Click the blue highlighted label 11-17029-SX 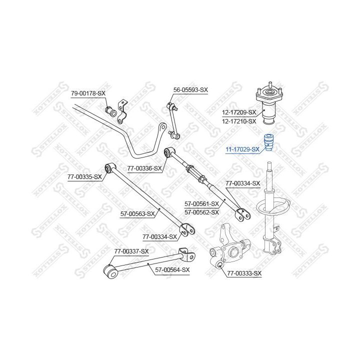coord(242,149)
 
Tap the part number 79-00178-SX coord(88,93)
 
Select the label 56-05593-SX coord(190,90)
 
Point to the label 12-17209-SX coord(239,112)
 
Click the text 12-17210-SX coord(239,121)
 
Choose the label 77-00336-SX coord(144,168)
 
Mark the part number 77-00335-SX coord(84,176)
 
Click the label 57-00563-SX coord(138,213)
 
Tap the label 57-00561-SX coord(202,203)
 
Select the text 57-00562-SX coord(202,212)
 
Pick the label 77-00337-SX coord(131,251)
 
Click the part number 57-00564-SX coord(172,270)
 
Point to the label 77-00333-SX coord(244,273)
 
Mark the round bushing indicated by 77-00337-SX coord(109,272)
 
